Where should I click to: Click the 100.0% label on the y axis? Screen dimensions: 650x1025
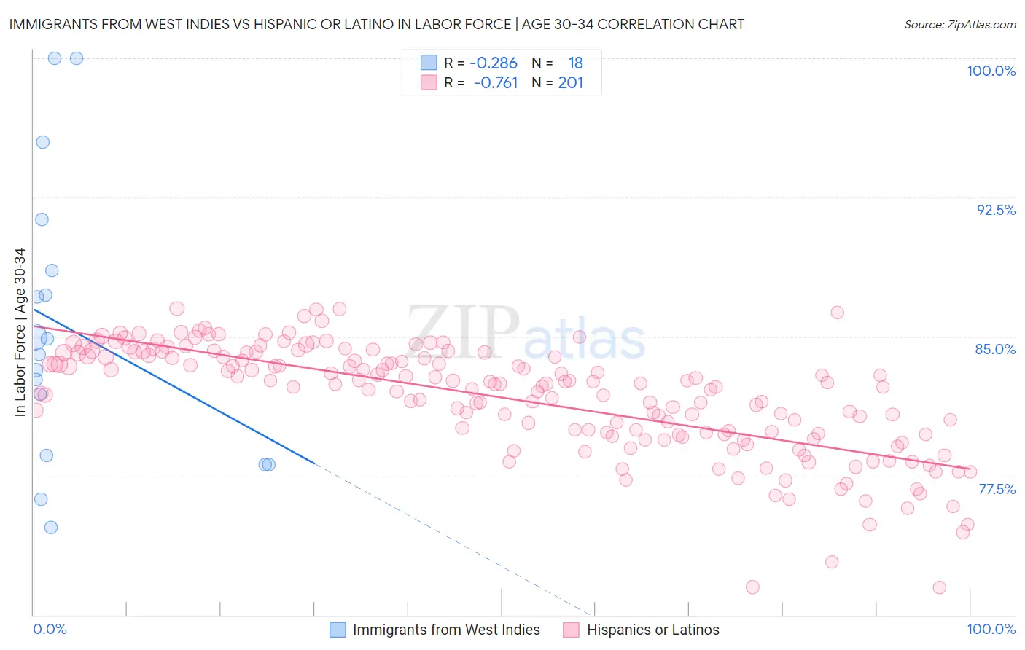click(991, 71)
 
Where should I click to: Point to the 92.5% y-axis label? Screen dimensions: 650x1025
click(996, 210)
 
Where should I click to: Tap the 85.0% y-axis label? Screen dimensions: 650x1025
click(995, 349)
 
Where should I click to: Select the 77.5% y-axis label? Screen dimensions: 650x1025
click(997, 489)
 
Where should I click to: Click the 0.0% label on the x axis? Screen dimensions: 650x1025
click(50, 629)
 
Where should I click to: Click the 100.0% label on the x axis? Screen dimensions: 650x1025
click(991, 629)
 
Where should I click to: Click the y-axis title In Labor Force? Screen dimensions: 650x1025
click(20, 333)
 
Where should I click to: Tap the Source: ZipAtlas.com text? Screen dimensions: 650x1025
click(959, 24)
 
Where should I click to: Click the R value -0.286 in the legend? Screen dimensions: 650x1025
click(494, 63)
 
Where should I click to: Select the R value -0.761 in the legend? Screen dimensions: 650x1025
click(495, 83)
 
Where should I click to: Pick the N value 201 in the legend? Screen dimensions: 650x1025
click(571, 83)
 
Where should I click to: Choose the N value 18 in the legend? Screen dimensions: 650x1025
click(575, 63)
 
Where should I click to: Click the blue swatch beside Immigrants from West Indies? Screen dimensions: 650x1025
click(338, 630)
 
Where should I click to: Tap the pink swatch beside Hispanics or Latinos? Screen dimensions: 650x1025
click(571, 630)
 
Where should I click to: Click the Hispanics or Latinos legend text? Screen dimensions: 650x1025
click(652, 630)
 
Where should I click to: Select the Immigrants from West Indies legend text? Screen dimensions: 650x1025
click(446, 630)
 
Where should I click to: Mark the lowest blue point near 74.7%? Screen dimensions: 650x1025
click(50, 528)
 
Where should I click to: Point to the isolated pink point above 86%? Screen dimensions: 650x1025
click(837, 313)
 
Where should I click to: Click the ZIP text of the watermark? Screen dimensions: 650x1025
click(463, 332)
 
